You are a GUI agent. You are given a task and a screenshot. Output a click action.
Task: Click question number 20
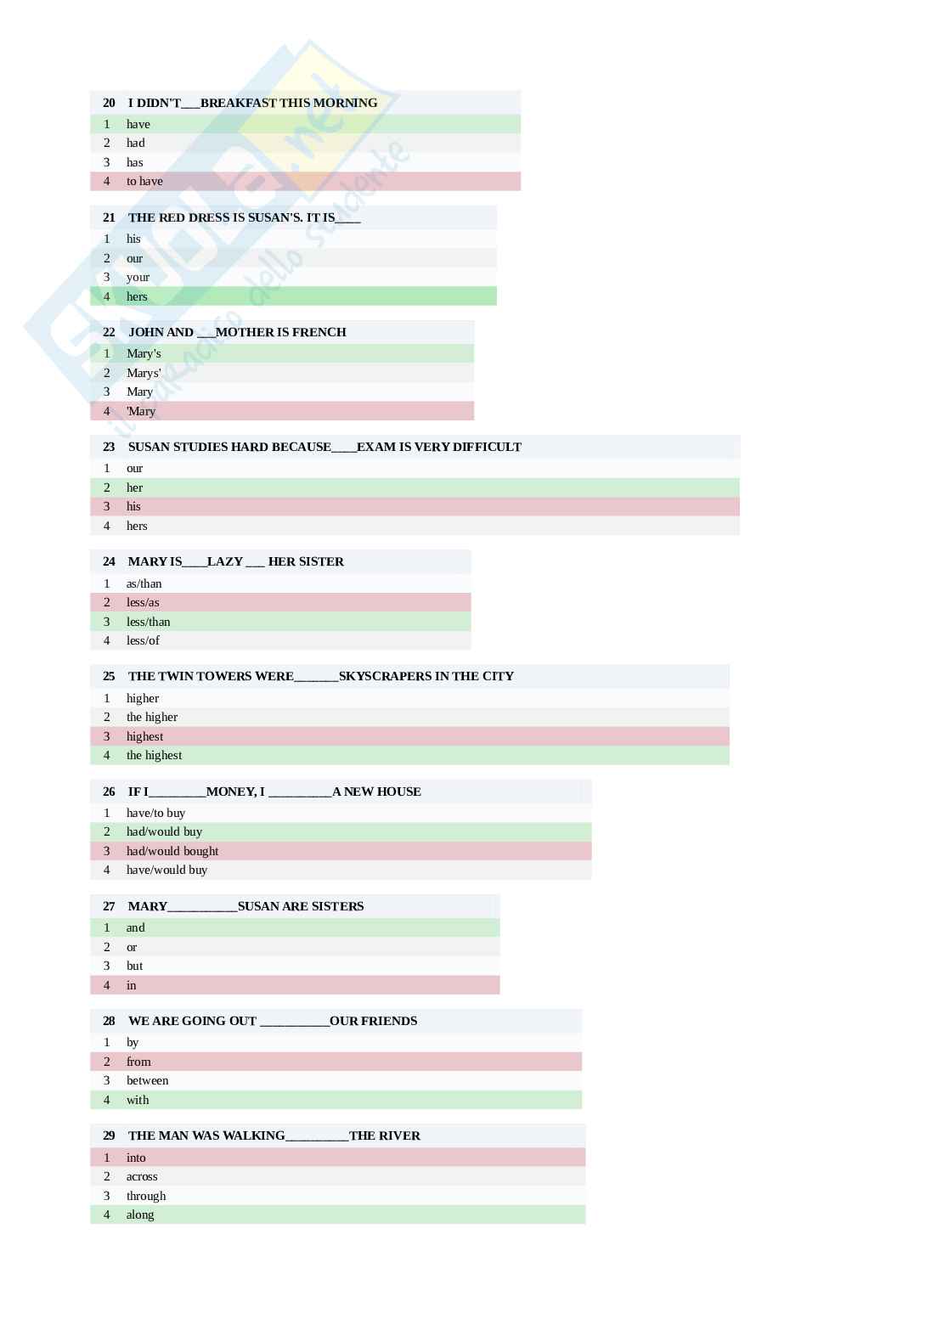point(109,103)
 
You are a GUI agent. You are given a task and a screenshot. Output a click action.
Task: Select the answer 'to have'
point(144,181)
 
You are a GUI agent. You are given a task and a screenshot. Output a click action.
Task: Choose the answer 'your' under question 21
point(138,277)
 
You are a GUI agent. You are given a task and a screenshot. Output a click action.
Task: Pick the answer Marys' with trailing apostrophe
point(144,373)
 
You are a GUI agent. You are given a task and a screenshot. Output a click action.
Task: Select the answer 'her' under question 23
point(134,487)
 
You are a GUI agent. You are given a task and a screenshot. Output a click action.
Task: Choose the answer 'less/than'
point(148,622)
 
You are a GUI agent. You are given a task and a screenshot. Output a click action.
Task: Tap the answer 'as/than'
point(144,583)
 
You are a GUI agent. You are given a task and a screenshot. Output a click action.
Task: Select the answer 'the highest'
point(154,755)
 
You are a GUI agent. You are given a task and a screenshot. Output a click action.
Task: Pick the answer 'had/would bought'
point(172,851)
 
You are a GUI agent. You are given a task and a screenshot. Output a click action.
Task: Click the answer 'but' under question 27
point(134,966)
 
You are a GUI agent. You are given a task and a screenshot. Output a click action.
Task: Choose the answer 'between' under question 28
point(147,1080)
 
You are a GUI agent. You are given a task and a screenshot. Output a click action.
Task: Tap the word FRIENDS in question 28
point(389,1021)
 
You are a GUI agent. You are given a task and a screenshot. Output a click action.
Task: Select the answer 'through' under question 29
point(146,1196)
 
